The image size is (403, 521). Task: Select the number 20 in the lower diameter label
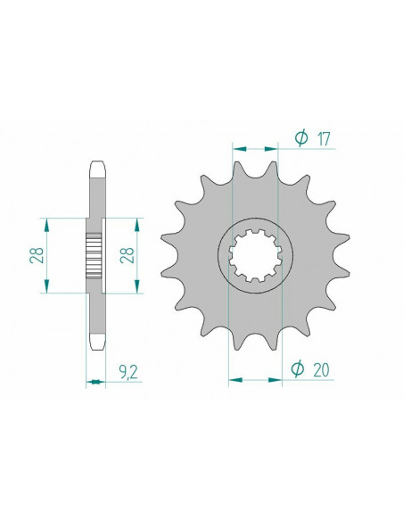(x=325, y=367)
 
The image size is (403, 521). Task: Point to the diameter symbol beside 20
(x=300, y=367)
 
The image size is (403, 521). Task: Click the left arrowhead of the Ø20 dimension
(x=232, y=379)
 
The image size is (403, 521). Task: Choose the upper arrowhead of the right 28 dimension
(x=136, y=219)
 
